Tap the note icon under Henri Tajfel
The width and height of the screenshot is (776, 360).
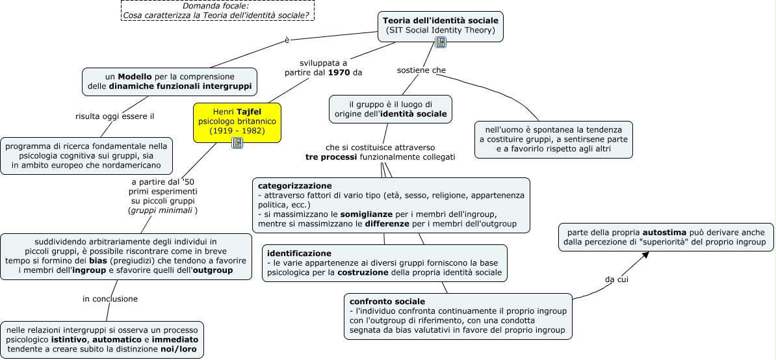[x=237, y=144]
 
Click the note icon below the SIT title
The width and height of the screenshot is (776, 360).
[x=441, y=42]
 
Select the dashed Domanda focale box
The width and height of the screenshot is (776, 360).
[x=218, y=10]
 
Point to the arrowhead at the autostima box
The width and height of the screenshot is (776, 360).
[x=645, y=254]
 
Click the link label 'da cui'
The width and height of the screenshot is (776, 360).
[x=617, y=279]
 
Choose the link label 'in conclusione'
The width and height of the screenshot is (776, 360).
[x=110, y=299]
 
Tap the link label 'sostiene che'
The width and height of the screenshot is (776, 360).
[x=421, y=70]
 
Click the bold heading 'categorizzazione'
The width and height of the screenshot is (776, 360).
[x=295, y=186]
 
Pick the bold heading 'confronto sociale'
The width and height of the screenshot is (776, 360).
[x=387, y=302]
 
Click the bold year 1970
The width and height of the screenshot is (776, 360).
[x=339, y=73]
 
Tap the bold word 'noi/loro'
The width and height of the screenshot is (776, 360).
[x=179, y=349]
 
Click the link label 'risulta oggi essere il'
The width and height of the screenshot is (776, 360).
[x=115, y=117]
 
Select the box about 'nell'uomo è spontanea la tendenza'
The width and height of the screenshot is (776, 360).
[x=553, y=140]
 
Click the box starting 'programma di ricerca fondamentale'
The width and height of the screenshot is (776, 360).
[x=86, y=156]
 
